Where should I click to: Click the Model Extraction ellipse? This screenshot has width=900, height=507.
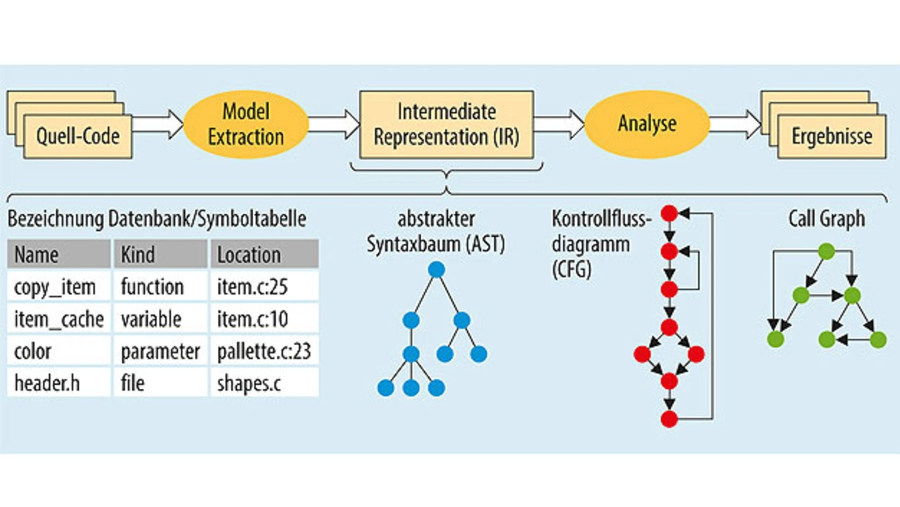[x=246, y=124]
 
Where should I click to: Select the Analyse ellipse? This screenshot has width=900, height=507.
[x=647, y=124]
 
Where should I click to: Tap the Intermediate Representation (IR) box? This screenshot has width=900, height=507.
[x=446, y=124]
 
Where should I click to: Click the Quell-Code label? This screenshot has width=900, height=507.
[x=78, y=136]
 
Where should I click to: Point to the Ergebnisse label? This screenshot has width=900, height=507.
[x=832, y=136]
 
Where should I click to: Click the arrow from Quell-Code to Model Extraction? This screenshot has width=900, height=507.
[x=158, y=124]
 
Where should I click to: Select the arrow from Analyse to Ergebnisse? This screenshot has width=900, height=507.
[x=735, y=124]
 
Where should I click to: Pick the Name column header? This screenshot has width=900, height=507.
[x=58, y=254]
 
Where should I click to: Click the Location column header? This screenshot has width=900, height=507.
[x=265, y=254]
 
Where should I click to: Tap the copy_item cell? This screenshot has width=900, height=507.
[x=58, y=286]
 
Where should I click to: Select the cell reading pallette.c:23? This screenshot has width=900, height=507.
[x=265, y=351]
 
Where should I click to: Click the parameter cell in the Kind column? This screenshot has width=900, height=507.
[x=161, y=351]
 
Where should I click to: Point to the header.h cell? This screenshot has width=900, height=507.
[x=58, y=383]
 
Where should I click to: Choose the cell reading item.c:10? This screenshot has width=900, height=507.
[x=265, y=319]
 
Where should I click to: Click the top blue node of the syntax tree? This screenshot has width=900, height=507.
[x=437, y=269]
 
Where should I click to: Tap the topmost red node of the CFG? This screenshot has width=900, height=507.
[x=669, y=213]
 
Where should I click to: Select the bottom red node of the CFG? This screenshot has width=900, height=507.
[x=669, y=419]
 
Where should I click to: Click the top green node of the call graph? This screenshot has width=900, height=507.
[x=826, y=252]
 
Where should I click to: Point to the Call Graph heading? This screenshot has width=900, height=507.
[x=826, y=219]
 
